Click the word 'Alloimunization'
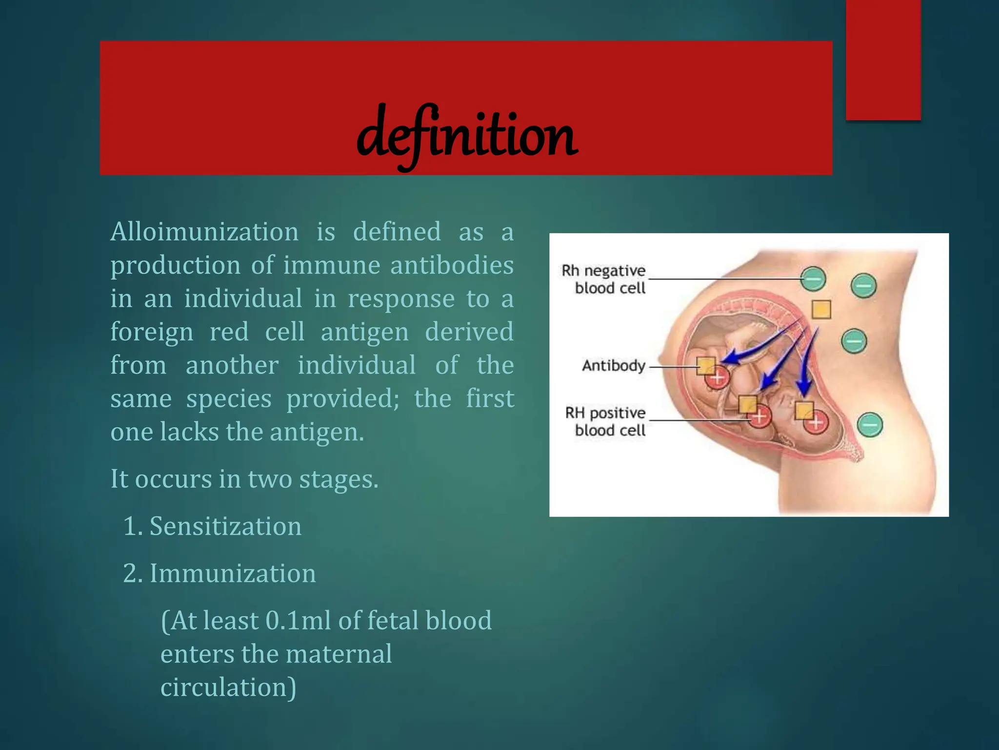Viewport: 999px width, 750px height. point(204,231)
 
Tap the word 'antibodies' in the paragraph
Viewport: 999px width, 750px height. point(452,265)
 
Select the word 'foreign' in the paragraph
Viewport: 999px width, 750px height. point(152,333)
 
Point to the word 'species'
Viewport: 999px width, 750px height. point(229,399)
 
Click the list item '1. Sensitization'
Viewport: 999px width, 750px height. point(212,526)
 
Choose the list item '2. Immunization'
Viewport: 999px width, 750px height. point(220,573)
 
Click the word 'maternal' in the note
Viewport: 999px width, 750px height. point(340,654)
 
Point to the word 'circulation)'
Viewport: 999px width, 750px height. point(228,687)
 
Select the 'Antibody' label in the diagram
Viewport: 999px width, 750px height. point(614,366)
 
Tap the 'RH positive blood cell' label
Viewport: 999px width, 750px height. point(606,421)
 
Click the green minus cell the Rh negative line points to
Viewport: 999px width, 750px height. point(813,279)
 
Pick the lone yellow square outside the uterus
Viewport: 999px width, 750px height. point(821,310)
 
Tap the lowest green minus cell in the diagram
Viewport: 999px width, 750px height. point(870,424)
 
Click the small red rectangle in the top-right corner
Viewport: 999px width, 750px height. point(883,60)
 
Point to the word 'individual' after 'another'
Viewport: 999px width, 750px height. point(357,365)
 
